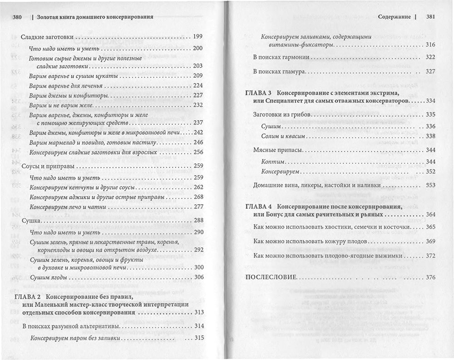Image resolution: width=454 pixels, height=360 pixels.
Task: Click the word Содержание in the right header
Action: click(395, 18)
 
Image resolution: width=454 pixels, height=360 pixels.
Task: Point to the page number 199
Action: click(197, 36)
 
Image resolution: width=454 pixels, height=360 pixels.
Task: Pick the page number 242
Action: click(197, 133)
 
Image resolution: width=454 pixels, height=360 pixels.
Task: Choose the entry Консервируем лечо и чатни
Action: click(64, 207)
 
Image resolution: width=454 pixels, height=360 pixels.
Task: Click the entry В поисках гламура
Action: click(277, 72)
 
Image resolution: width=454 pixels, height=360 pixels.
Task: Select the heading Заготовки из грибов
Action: click(281, 114)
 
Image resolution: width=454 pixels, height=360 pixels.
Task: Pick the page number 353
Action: click(430, 185)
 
